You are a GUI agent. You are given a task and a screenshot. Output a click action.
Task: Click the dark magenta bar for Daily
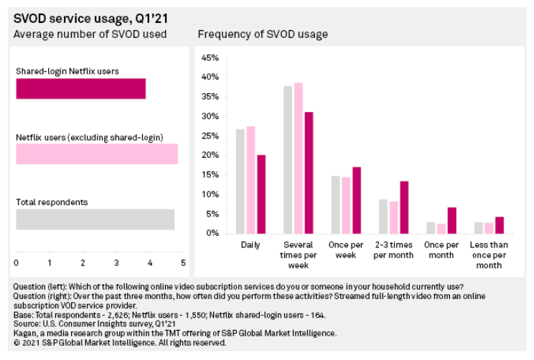coord(261,194)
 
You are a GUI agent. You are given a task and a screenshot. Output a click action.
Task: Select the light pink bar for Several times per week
coord(298,158)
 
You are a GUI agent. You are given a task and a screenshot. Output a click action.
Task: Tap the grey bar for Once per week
coord(334,204)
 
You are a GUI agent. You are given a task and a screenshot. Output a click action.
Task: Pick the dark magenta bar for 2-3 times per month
coord(403,207)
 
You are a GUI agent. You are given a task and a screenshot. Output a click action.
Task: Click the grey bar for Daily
coord(240,181)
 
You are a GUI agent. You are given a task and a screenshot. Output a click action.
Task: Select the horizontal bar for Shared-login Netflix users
coord(80,89)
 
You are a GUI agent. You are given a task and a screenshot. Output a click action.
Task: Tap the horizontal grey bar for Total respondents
coord(95,219)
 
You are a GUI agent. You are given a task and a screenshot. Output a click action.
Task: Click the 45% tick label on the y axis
coord(210,57)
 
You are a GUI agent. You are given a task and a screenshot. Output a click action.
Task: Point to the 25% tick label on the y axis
coord(210,136)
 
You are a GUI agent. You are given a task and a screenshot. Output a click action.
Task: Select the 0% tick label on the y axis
coord(212,234)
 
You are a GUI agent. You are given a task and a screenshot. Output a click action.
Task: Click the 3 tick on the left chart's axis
coord(116,262)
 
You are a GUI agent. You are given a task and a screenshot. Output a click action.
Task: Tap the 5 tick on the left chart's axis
coord(183,262)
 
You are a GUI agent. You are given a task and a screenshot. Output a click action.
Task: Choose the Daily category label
coord(250,245)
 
